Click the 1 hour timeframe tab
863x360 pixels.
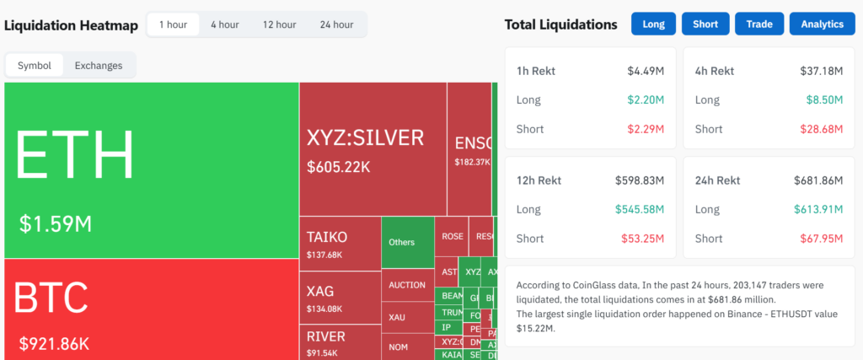point(173,24)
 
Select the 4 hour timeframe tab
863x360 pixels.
point(224,24)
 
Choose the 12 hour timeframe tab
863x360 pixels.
point(279,24)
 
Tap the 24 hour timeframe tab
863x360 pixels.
point(336,24)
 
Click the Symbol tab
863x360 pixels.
point(35,66)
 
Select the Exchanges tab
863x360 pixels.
point(99,66)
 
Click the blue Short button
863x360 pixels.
point(705,24)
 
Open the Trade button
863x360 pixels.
point(758,24)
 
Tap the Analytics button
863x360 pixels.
point(822,24)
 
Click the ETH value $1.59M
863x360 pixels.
point(56,224)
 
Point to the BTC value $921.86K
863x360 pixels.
point(54,343)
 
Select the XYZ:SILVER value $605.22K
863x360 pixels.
point(339,167)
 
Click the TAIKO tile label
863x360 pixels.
point(327,238)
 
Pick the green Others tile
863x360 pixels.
point(402,242)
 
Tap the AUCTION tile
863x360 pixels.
point(407,285)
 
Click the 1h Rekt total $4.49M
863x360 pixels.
point(646,71)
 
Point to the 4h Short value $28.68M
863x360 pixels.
point(821,129)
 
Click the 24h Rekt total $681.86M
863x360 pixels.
point(818,180)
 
